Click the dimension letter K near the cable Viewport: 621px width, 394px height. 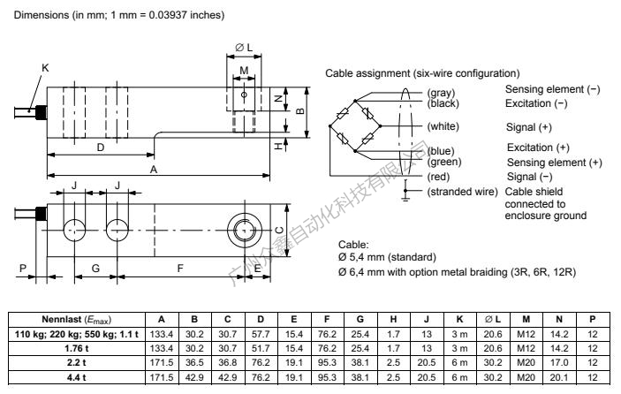[x=44, y=68]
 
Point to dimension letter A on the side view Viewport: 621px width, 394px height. [x=154, y=168]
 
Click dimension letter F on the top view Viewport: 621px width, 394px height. [x=179, y=266]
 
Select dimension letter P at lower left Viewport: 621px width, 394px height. [x=23, y=266]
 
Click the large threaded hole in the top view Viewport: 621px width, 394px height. [x=243, y=229]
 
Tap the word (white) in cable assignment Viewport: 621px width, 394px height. [x=443, y=126]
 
